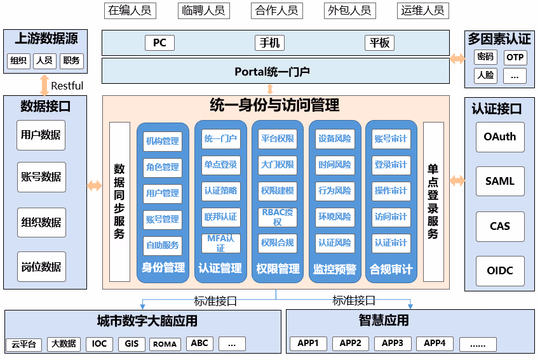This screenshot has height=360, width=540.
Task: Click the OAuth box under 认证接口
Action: point(500,137)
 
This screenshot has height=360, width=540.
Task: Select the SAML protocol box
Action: point(500,182)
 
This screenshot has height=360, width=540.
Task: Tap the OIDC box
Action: point(500,271)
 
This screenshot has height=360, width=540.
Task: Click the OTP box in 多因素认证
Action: point(515,57)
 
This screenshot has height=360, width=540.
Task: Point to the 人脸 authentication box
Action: point(485,76)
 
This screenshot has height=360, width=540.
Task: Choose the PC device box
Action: point(159,43)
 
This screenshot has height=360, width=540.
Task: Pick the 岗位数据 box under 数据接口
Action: point(41,267)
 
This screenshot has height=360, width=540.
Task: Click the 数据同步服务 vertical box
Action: point(119,201)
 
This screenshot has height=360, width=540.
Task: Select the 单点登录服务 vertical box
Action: point(433,201)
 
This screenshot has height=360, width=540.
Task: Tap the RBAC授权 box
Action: point(278,217)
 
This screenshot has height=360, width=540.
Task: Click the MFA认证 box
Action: point(220,243)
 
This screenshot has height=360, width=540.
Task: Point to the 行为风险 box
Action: point(335,190)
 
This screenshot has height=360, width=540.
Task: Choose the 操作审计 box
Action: point(391,190)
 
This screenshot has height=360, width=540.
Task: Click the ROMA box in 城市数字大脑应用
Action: point(165,344)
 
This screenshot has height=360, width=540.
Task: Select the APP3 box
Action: point(393,343)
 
